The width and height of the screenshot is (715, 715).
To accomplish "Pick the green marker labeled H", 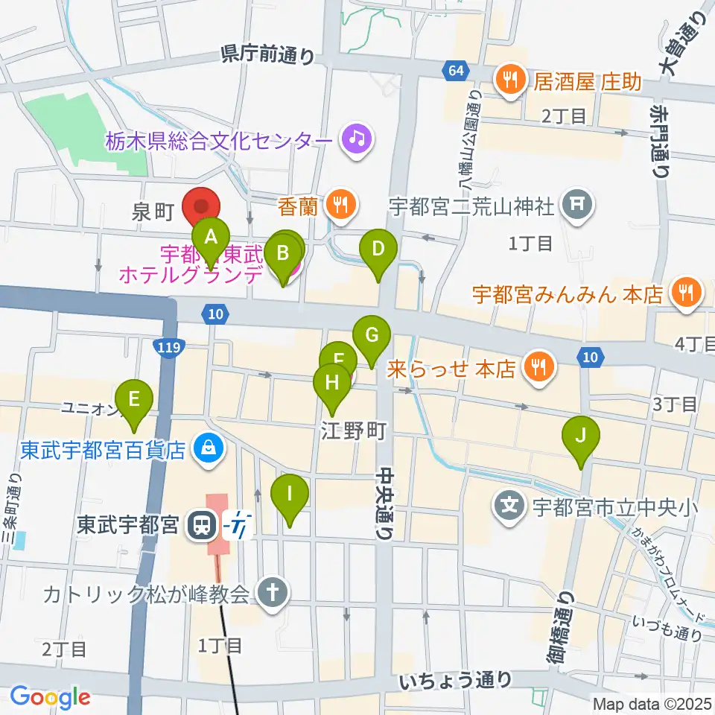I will coord(331,384).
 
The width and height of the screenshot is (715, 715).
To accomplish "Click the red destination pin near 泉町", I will coord(202,209).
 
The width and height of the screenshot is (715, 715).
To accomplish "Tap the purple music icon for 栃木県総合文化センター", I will coord(356,139).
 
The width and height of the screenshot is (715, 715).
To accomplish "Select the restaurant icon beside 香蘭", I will coord(341,200).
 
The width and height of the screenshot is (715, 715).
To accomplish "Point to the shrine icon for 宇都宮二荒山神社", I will coord(578,203).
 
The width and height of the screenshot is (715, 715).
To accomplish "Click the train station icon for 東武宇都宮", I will coord(199,526).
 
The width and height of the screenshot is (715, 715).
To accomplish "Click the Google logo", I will coord(50,697).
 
